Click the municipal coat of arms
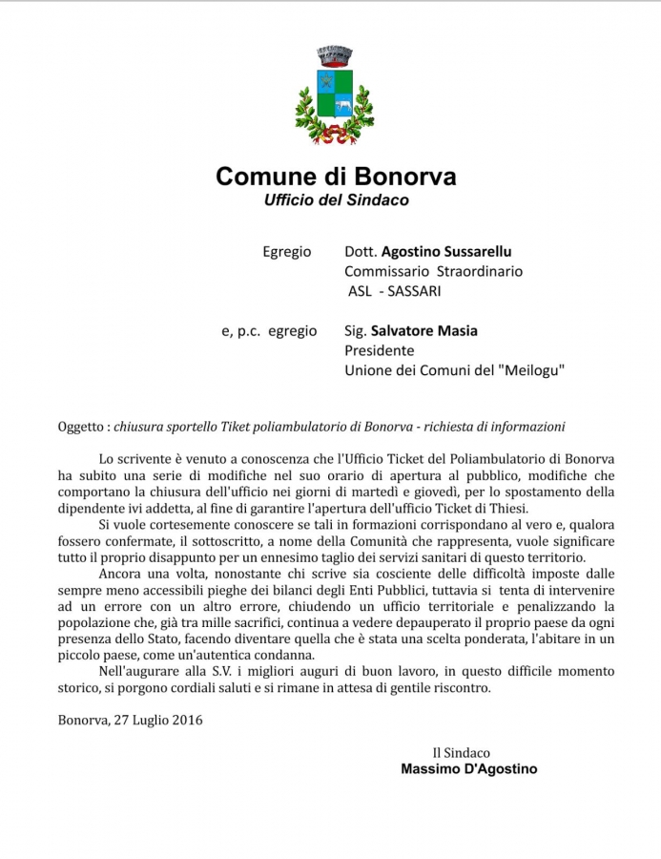pyautogui.click(x=333, y=94)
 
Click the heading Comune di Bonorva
pyautogui.click(x=336, y=177)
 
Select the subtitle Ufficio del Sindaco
pyautogui.click(x=336, y=200)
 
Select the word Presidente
pyautogui.click(x=379, y=350)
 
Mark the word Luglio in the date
pyautogui.click(x=147, y=720)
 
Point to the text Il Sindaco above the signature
pyautogui.click(x=462, y=752)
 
